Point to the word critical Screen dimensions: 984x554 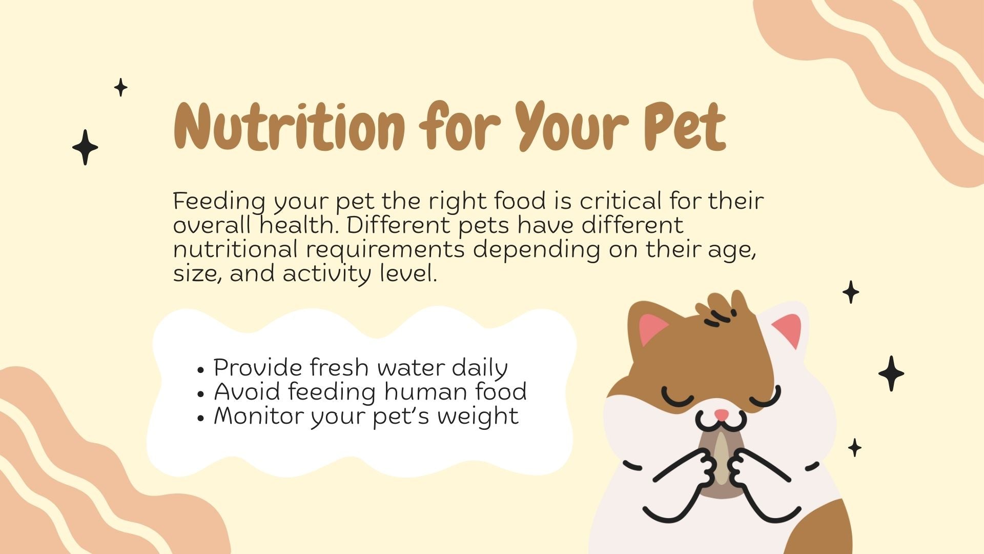pos(621,201)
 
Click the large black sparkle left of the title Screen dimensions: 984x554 pos(85,147)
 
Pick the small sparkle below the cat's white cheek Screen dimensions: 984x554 pos(854,447)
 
